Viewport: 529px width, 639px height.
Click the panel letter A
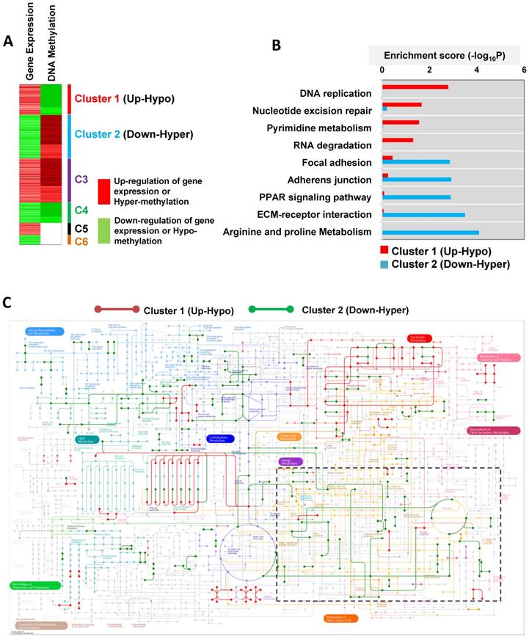click(x=8, y=43)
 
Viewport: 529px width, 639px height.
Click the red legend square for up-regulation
click(x=103, y=186)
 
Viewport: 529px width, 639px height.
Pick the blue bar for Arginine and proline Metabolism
click(x=430, y=233)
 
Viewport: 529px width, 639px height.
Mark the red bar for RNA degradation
click(x=397, y=139)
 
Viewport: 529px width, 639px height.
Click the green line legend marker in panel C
click(x=271, y=310)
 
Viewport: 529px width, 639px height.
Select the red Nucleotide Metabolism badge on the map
click(x=420, y=338)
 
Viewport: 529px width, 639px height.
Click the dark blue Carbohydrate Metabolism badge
click(x=219, y=438)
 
